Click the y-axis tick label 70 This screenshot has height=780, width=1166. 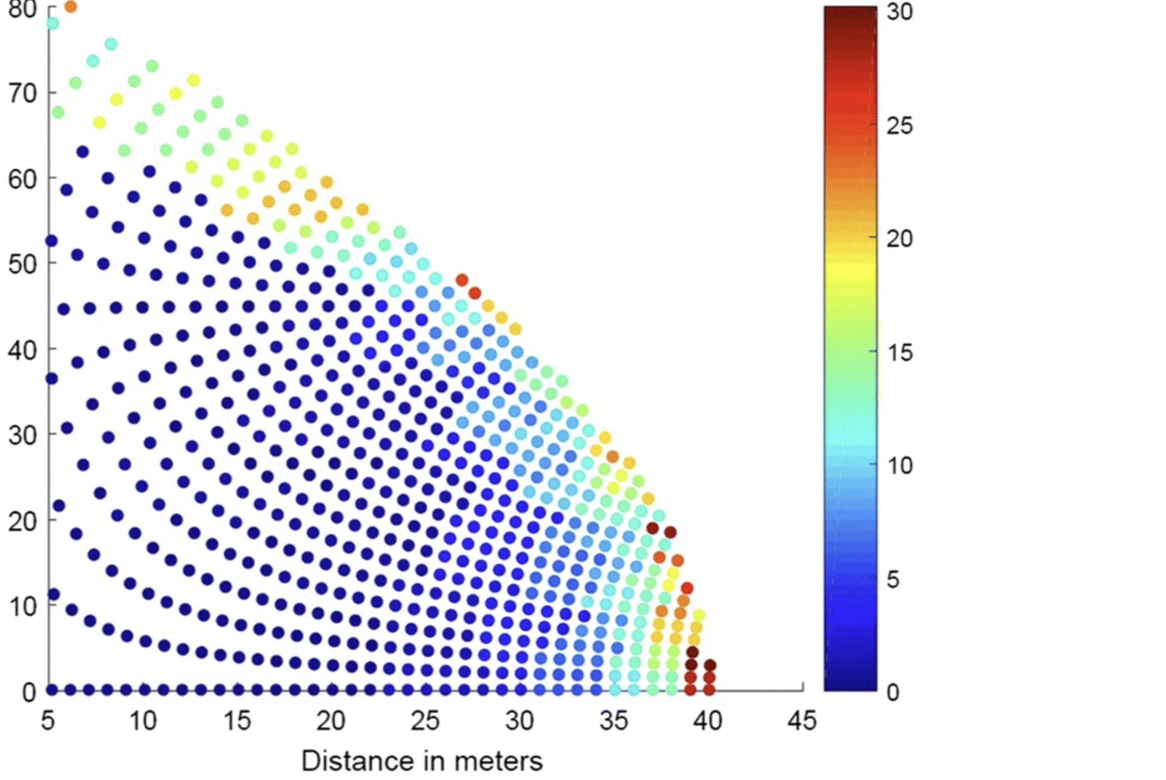[x=23, y=94]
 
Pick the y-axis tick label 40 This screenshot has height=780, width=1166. [x=23, y=350]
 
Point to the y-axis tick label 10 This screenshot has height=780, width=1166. [x=23, y=606]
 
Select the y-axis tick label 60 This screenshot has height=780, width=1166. [x=23, y=179]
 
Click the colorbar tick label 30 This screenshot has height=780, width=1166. [x=899, y=11]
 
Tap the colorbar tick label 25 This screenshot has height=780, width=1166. [x=899, y=125]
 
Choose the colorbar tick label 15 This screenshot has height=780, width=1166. [x=899, y=352]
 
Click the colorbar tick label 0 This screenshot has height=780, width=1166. [x=893, y=692]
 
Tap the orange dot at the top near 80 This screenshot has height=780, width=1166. [x=71, y=7]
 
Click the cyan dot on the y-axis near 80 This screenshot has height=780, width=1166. [x=52, y=23]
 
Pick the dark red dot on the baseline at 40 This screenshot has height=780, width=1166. [x=709, y=689]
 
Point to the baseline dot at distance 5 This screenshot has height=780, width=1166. [x=52, y=689]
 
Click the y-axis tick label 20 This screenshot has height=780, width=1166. [x=23, y=522]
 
